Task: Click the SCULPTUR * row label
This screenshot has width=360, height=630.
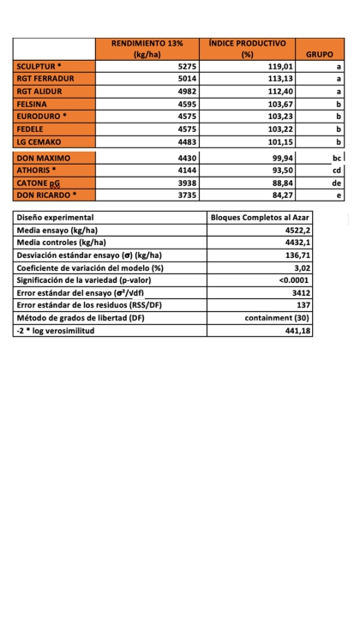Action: [39, 66]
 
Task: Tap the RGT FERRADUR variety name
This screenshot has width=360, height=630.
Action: [45, 78]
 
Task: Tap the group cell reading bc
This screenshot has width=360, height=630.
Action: [337, 159]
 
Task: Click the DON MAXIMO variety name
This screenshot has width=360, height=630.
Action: [44, 159]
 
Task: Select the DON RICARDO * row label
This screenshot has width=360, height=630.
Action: [46, 195]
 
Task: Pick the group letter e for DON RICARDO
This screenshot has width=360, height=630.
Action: [339, 195]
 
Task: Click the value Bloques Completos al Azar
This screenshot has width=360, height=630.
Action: [261, 218]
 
